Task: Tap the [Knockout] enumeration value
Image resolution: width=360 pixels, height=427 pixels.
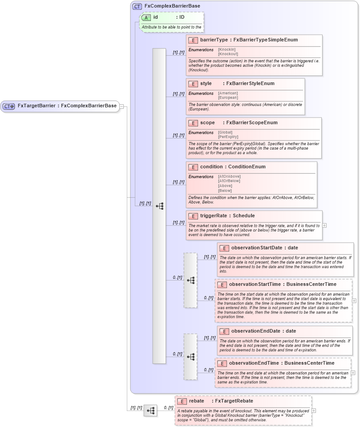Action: [x=228, y=54]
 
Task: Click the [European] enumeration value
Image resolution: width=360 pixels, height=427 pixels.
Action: [x=228, y=98]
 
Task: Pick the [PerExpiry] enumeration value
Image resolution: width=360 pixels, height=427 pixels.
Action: [x=228, y=137]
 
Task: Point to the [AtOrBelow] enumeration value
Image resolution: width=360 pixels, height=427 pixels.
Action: [x=229, y=181]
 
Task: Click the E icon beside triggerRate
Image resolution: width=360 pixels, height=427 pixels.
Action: [x=193, y=216]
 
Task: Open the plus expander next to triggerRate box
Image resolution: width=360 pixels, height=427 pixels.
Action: [x=324, y=225]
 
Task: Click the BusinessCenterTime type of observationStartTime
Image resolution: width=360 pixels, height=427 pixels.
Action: [x=311, y=284]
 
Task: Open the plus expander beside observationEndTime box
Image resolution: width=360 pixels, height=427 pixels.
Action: [x=353, y=373]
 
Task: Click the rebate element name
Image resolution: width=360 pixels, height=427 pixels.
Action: [x=197, y=401]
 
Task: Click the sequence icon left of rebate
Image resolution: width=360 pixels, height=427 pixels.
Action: [x=150, y=411]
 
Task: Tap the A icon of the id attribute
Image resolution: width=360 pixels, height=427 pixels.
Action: [x=146, y=17]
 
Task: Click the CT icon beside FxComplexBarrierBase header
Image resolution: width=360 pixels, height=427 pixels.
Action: [x=137, y=6]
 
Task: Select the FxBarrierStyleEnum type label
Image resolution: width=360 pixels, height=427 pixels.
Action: [x=251, y=84]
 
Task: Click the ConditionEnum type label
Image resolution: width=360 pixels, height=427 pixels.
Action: [x=247, y=167]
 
